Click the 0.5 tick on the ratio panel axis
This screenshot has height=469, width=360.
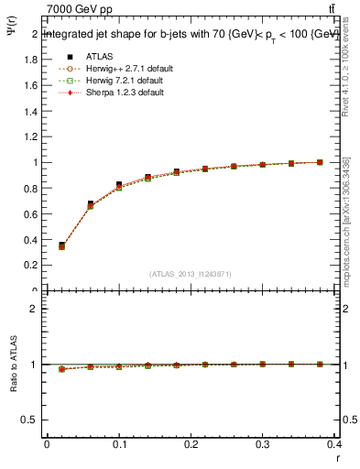[x=32, y=420]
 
